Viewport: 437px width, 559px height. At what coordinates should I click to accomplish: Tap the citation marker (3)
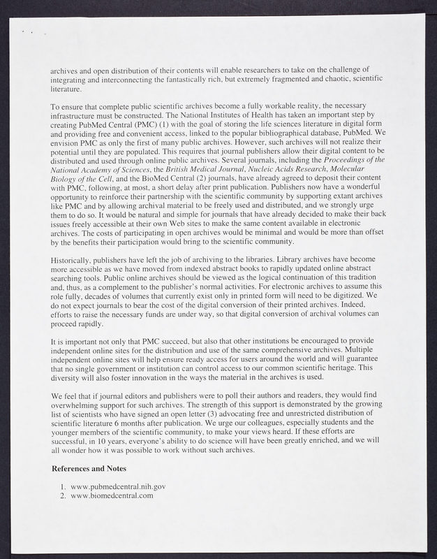pos(230,414)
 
